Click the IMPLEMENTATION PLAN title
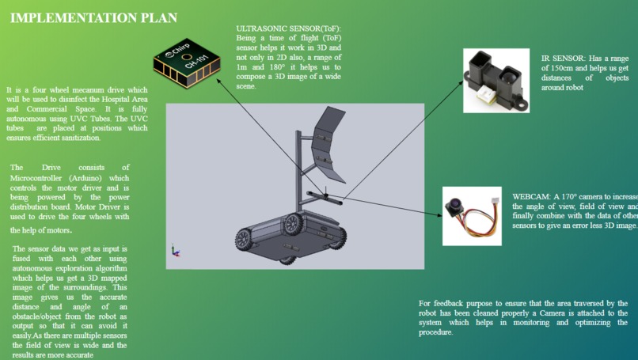93,17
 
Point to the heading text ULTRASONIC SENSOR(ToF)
288,28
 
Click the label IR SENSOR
563,59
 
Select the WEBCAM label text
530,196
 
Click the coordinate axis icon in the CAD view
174,252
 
